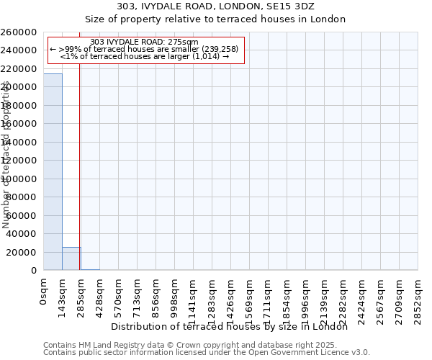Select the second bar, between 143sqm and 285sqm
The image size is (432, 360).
pyautogui.click(x=71, y=258)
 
